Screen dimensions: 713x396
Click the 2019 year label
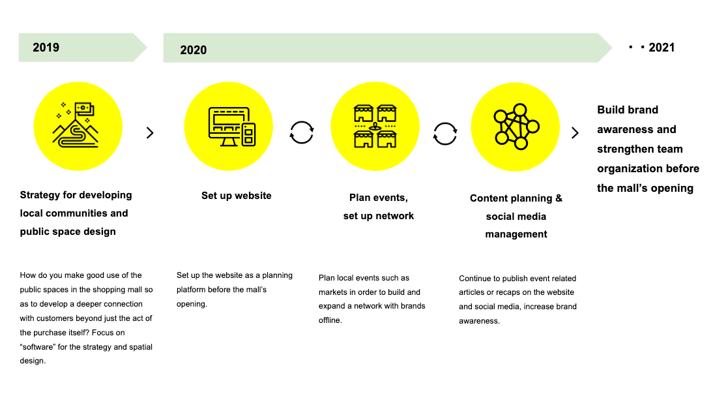pyautogui.click(x=46, y=48)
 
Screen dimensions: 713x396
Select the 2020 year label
pyautogui.click(x=194, y=50)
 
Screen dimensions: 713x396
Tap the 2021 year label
pyautogui.click(x=662, y=48)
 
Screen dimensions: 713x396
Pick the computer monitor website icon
pyautogui.click(x=232, y=127)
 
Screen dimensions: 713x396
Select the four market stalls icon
pyautogui.click(x=375, y=126)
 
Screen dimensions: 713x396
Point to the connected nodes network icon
pyautogui.click(x=517, y=127)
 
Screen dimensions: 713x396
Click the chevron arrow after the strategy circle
pyautogui.click(x=150, y=133)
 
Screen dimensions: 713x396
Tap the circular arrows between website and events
pyautogui.click(x=302, y=132)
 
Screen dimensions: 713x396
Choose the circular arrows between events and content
pyautogui.click(x=444, y=133)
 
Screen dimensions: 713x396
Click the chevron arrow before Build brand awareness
pyautogui.click(x=575, y=133)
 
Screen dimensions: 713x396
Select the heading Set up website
pyautogui.click(x=237, y=196)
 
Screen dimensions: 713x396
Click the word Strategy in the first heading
pyautogui.click(x=40, y=195)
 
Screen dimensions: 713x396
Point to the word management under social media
pyautogui.click(x=516, y=234)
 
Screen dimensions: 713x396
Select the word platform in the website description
pyautogui.click(x=192, y=290)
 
